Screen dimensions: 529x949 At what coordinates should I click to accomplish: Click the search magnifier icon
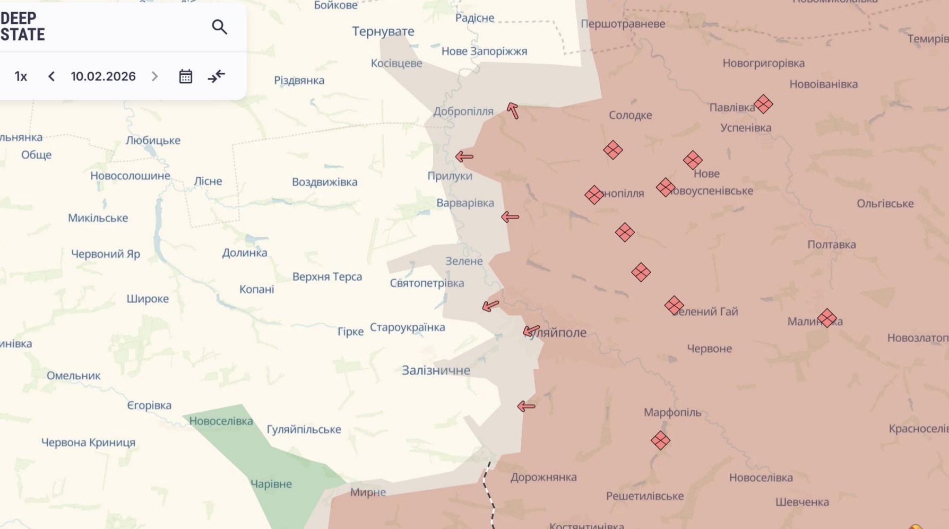pyautogui.click(x=219, y=27)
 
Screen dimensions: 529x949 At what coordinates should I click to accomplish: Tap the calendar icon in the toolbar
pyautogui.click(x=185, y=76)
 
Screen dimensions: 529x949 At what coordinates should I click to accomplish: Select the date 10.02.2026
pyautogui.click(x=103, y=76)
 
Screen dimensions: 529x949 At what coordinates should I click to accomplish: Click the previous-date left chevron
pyautogui.click(x=51, y=76)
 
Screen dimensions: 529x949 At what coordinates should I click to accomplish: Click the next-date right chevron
pyautogui.click(x=154, y=76)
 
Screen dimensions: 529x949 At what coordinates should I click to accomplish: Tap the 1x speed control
pyautogui.click(x=21, y=76)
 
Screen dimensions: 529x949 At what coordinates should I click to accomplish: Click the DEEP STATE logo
pyautogui.click(x=23, y=27)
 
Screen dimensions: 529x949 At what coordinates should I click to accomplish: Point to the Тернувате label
pyautogui.click(x=383, y=31)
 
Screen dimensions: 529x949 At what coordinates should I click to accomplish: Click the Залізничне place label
pyautogui.click(x=435, y=370)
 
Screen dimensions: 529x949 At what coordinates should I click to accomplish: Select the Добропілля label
pyautogui.click(x=463, y=111)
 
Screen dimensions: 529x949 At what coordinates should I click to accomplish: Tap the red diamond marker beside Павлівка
pyautogui.click(x=763, y=104)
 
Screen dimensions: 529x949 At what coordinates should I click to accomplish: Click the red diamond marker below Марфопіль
pyautogui.click(x=660, y=440)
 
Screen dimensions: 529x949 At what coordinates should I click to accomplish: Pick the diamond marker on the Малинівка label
pyautogui.click(x=826, y=318)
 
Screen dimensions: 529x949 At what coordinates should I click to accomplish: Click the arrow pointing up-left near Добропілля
pyautogui.click(x=512, y=110)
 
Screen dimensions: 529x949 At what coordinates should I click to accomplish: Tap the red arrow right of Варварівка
pyautogui.click(x=510, y=216)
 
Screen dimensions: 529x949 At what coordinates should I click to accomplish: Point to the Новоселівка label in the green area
pyautogui.click(x=221, y=421)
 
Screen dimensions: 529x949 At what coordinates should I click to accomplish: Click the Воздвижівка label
pyautogui.click(x=324, y=182)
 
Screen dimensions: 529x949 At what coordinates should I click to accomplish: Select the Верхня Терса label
pyautogui.click(x=327, y=276)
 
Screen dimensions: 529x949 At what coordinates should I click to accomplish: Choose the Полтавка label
pyautogui.click(x=831, y=245)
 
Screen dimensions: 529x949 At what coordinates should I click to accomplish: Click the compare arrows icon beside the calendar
pyautogui.click(x=217, y=76)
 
